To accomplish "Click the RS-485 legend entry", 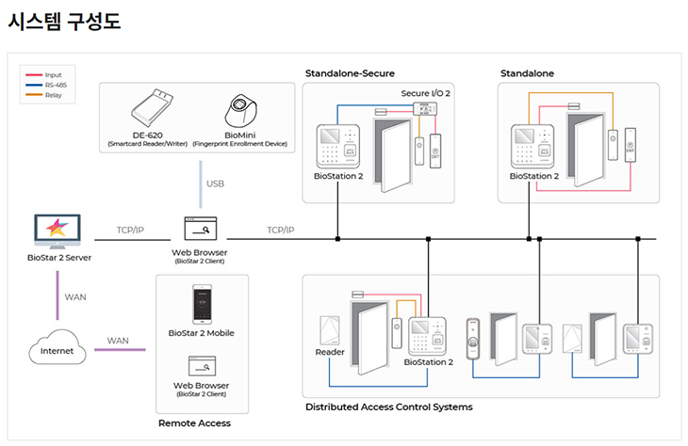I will (53, 85).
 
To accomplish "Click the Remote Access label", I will (194, 423).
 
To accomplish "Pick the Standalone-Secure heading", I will (350, 73).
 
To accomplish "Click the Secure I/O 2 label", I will (425, 94).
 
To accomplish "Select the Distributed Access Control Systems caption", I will (389, 407).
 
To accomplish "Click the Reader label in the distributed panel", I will (330, 353).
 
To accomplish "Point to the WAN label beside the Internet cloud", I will (118, 341).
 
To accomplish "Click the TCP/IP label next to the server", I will (129, 230).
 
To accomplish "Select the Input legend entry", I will (53, 74).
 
